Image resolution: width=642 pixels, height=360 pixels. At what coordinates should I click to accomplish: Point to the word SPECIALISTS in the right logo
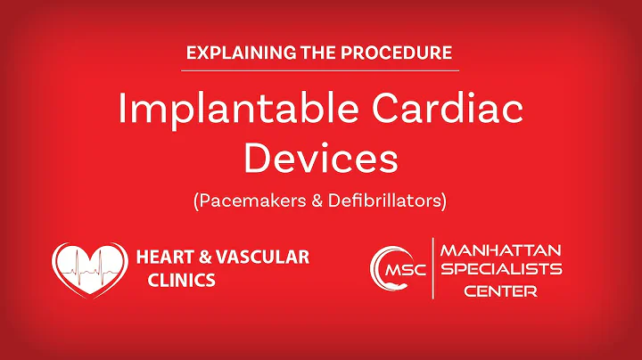(x=499, y=270)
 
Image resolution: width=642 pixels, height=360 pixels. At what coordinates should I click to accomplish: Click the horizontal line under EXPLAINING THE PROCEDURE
(x=320, y=70)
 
